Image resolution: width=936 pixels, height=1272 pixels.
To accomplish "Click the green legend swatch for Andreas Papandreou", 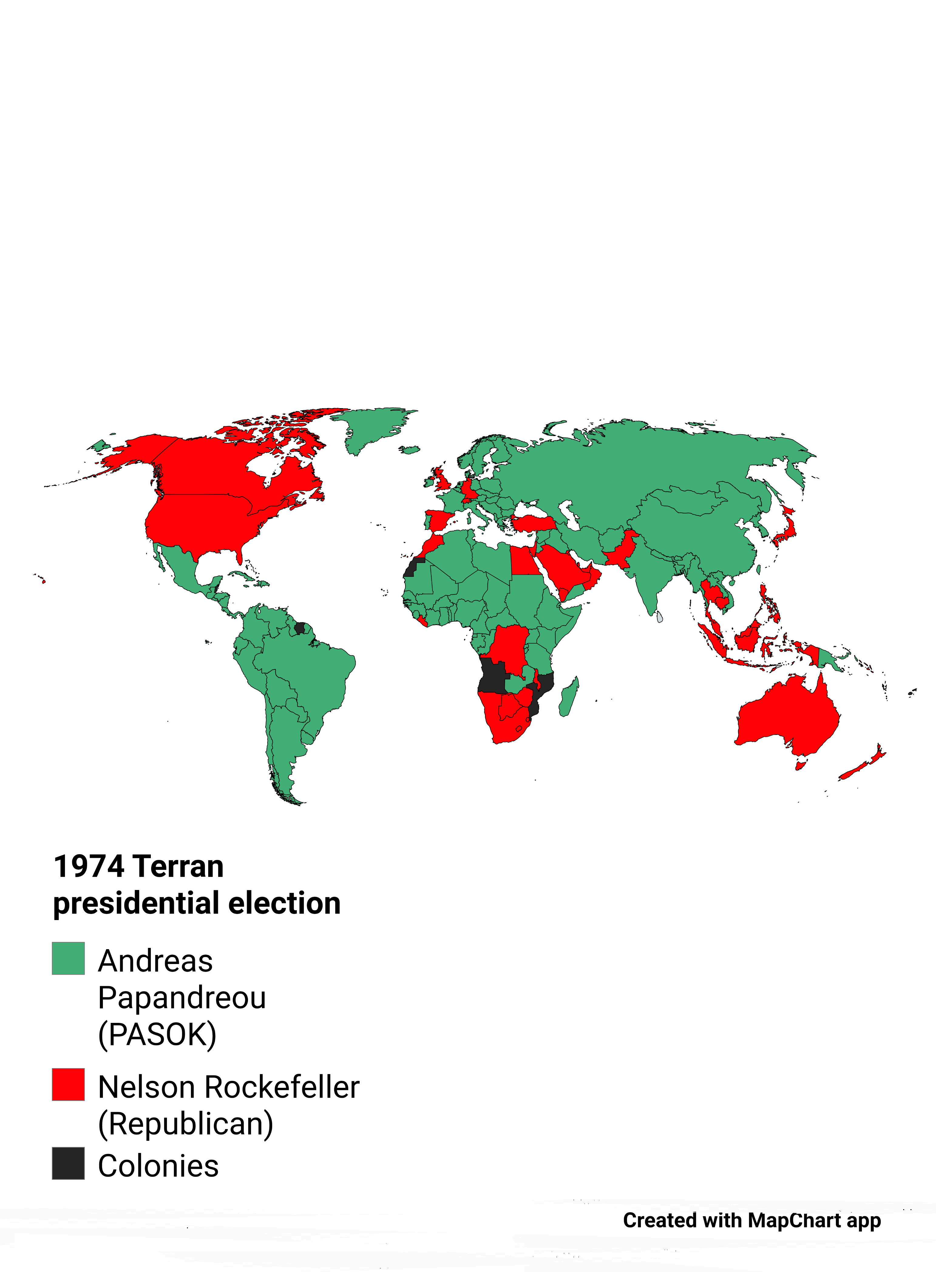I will (x=68, y=958).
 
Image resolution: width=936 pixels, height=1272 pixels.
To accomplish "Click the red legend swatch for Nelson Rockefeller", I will (x=68, y=1084).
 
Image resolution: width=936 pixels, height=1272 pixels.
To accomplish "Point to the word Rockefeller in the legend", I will (x=282, y=1087).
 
